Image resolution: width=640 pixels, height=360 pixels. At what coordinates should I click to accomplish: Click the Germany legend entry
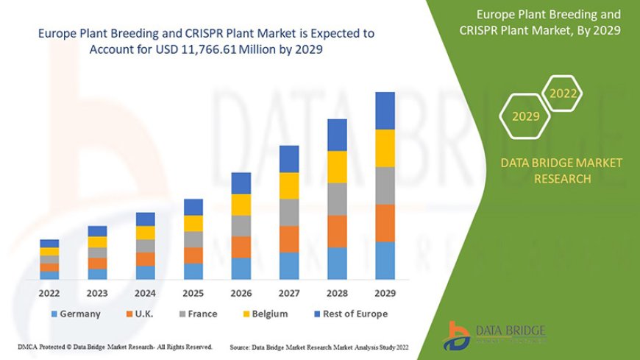click(x=74, y=314)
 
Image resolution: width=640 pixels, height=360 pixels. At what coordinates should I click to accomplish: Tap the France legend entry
click(x=196, y=314)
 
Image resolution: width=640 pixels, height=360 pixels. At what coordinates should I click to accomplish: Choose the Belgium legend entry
click(x=266, y=314)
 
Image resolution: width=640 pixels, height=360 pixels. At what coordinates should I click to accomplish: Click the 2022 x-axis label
click(x=49, y=292)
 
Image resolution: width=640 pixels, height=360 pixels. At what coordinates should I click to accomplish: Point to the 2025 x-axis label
click(x=193, y=292)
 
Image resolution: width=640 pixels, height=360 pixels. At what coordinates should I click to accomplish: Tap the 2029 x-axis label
click(x=385, y=292)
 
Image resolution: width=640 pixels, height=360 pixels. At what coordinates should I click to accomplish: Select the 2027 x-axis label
click(x=289, y=292)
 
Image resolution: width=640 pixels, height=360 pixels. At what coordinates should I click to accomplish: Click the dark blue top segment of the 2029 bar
click(x=385, y=110)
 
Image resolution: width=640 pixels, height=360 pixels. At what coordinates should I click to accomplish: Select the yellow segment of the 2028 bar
click(x=337, y=166)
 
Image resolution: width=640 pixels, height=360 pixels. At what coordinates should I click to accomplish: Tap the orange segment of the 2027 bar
click(x=289, y=239)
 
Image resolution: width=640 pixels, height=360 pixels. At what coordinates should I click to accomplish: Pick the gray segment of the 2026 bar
click(x=241, y=225)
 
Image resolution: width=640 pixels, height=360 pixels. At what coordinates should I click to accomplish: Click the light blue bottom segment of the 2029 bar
click(x=385, y=260)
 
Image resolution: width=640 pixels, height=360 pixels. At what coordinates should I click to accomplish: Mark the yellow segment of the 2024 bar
click(x=146, y=233)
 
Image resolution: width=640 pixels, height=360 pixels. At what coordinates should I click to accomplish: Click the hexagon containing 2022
click(x=563, y=93)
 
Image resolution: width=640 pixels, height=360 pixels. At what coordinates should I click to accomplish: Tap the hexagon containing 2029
click(x=525, y=116)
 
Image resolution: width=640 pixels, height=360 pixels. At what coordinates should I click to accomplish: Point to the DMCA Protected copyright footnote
click(x=115, y=347)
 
